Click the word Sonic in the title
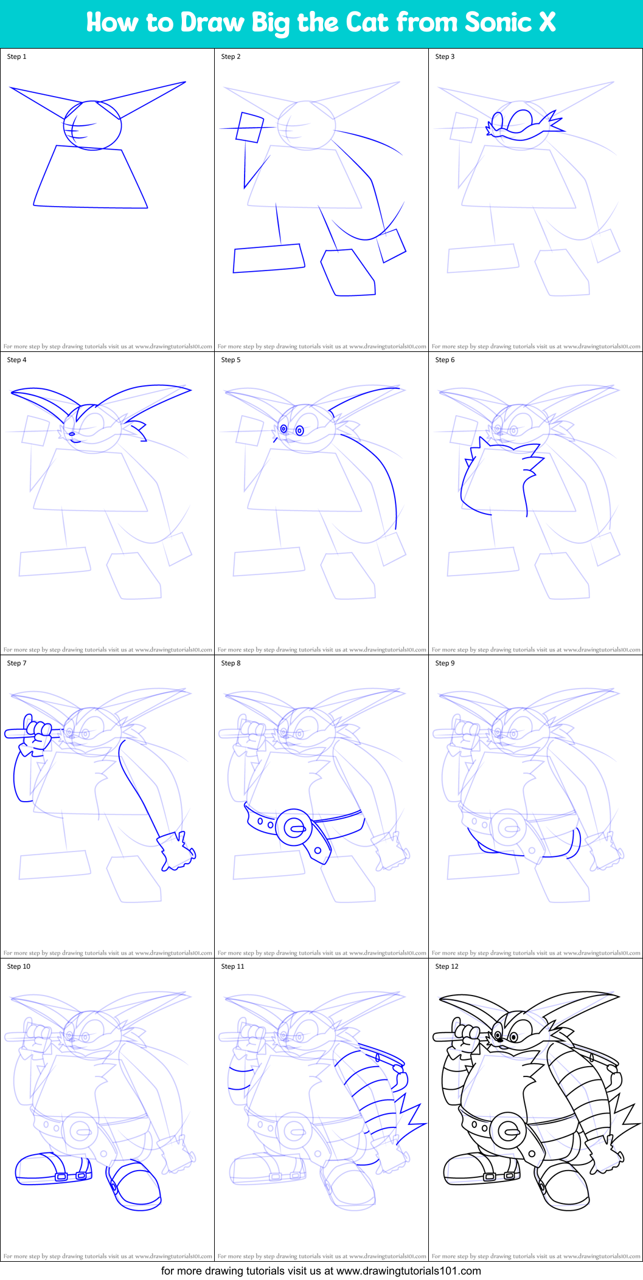click(498, 22)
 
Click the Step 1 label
click(16, 57)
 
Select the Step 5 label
click(231, 360)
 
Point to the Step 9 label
click(445, 663)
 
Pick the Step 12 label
click(447, 966)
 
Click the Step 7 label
click(16, 663)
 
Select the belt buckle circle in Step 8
click(294, 827)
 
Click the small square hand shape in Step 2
click(249, 128)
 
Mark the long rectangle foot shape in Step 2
click(268, 258)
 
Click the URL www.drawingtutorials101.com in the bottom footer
click(408, 1271)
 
